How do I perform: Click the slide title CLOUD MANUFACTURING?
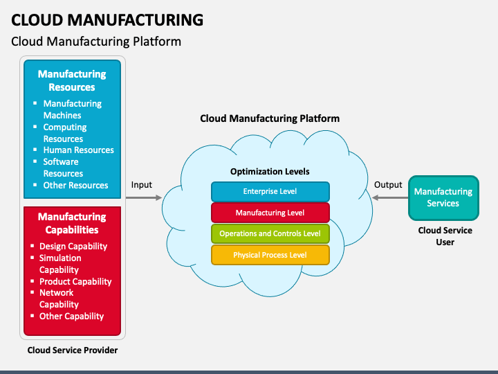(107, 19)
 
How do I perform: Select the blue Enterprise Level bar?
(270, 191)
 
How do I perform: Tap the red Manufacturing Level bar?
(270, 213)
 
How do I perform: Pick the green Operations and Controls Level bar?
(270, 233)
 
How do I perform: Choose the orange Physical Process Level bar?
(270, 255)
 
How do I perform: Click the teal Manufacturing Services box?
(443, 197)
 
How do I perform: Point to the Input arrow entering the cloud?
(143, 198)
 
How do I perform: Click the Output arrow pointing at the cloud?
(390, 198)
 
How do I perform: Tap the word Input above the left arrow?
(142, 185)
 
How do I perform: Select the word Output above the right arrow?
(388, 185)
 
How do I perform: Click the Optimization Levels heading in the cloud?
(270, 171)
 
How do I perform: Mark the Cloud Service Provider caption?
(73, 350)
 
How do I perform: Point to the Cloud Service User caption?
(445, 236)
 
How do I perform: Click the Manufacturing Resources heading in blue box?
(72, 80)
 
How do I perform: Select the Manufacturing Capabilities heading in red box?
(72, 223)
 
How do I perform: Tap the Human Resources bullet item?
(78, 150)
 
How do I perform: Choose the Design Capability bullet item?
(73, 247)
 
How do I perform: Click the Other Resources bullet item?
(75, 186)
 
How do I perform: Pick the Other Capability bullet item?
(71, 317)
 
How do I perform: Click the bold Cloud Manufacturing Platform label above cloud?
(270, 118)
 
